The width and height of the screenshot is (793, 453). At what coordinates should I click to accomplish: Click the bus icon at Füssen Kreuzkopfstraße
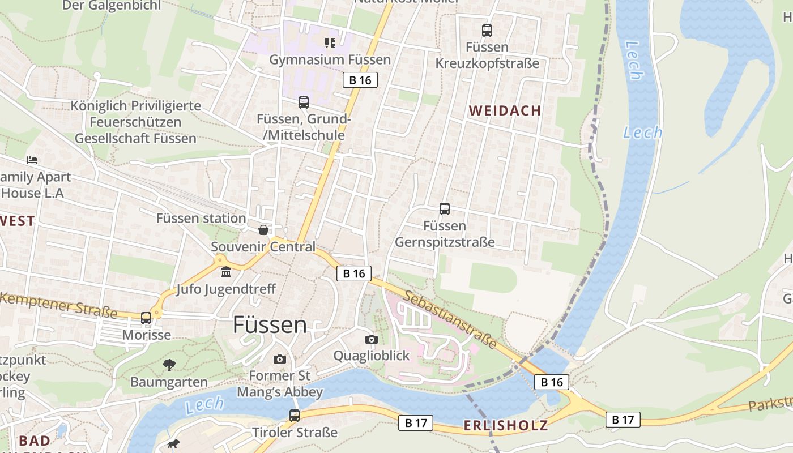click(x=487, y=31)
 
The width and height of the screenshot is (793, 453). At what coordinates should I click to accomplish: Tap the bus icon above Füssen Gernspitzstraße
click(x=445, y=209)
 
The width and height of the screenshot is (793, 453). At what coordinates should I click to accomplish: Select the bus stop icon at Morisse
click(x=146, y=318)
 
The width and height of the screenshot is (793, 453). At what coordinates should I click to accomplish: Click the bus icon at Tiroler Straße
click(x=295, y=416)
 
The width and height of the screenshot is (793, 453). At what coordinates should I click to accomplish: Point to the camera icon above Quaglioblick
click(x=372, y=339)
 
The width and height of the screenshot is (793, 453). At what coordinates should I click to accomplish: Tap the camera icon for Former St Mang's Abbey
click(x=279, y=359)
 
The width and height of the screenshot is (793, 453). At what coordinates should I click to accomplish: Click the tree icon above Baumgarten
click(x=169, y=365)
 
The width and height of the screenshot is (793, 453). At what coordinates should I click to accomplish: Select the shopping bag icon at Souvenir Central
click(x=263, y=230)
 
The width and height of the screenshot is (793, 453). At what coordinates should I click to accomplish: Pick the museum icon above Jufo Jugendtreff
click(x=226, y=272)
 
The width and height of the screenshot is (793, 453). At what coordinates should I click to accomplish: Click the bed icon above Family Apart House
click(x=32, y=160)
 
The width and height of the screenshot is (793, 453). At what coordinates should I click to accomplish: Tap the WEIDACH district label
click(x=505, y=111)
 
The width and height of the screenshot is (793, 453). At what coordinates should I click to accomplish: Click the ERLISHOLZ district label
click(x=506, y=426)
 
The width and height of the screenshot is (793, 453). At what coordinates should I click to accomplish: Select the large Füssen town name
click(x=270, y=325)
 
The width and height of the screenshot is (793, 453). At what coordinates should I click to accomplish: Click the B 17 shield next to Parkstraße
click(x=623, y=420)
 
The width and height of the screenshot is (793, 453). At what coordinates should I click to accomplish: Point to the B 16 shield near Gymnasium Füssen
click(x=360, y=80)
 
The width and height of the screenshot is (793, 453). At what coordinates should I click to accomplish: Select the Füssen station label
click(x=201, y=218)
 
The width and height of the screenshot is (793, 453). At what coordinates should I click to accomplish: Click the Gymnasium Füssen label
click(x=330, y=59)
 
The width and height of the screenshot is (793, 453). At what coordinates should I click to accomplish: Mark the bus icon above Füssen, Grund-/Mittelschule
click(x=304, y=102)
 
